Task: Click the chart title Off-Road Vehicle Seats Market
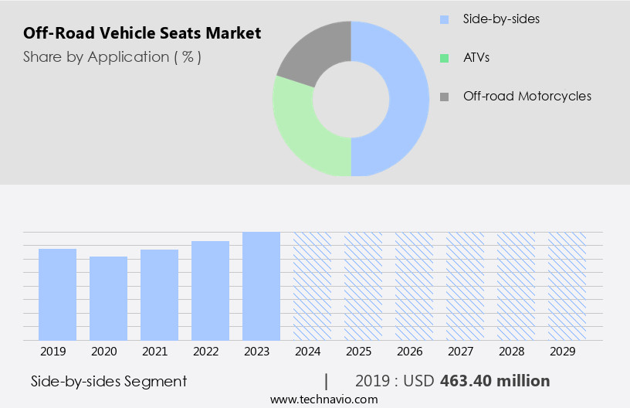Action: (x=142, y=33)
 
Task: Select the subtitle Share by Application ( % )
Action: (x=112, y=57)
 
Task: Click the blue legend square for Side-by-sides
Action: (x=444, y=19)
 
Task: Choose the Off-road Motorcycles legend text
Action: (x=527, y=97)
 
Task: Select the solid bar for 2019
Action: (x=57, y=294)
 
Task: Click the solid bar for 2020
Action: (x=108, y=298)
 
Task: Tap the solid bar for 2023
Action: (x=261, y=286)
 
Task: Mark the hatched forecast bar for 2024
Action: (x=312, y=286)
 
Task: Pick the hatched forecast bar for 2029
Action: (x=567, y=286)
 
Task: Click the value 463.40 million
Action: (x=495, y=381)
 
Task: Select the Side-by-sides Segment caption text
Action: (x=109, y=381)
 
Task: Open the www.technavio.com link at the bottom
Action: (x=323, y=399)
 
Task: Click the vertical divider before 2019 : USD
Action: (x=327, y=381)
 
